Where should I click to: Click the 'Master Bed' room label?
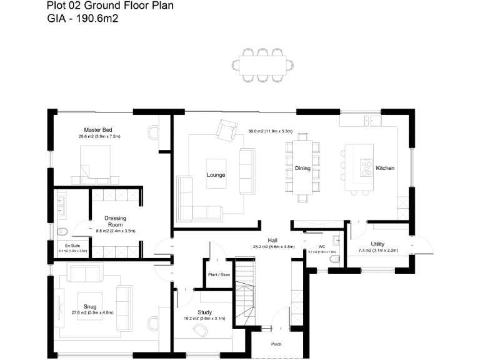(x=98, y=129)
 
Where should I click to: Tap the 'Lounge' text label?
(x=216, y=175)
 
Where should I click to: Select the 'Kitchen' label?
(x=385, y=168)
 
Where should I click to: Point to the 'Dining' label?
(x=303, y=168)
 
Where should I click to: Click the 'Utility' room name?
(x=377, y=244)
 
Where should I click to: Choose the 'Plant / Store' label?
(x=218, y=273)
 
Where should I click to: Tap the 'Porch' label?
(x=276, y=344)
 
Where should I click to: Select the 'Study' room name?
(x=204, y=312)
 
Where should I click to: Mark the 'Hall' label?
(x=273, y=240)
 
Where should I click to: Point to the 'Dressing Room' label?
(x=116, y=221)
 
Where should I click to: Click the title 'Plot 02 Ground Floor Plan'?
(x=111, y=6)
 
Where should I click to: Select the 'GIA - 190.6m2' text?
(x=83, y=19)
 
